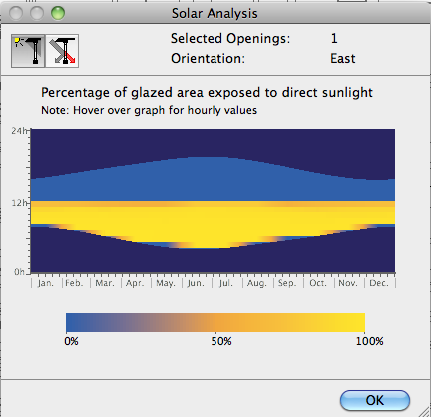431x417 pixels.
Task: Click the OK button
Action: pyautogui.click(x=374, y=399)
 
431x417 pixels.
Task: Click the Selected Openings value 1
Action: pyautogui.click(x=334, y=38)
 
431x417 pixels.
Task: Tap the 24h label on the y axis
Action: pyautogui.click(x=19, y=131)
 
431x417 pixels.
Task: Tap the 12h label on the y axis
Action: pyautogui.click(x=19, y=202)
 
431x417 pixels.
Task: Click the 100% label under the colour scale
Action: pyautogui.click(x=368, y=341)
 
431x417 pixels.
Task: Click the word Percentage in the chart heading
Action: pyautogui.click(x=81, y=93)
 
